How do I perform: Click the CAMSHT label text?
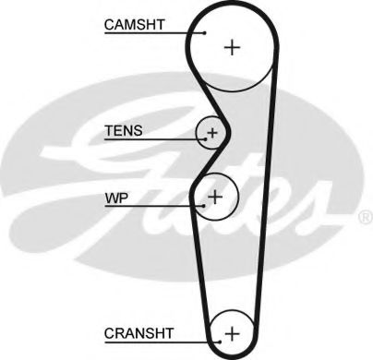click(134, 25)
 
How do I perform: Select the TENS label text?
click(124, 130)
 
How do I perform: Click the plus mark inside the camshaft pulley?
click(231, 46)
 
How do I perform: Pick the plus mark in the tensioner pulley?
click(212, 133)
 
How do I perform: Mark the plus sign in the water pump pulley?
click(215, 196)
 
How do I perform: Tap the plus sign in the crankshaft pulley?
click(232, 330)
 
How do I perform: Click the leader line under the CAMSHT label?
click(148, 34)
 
